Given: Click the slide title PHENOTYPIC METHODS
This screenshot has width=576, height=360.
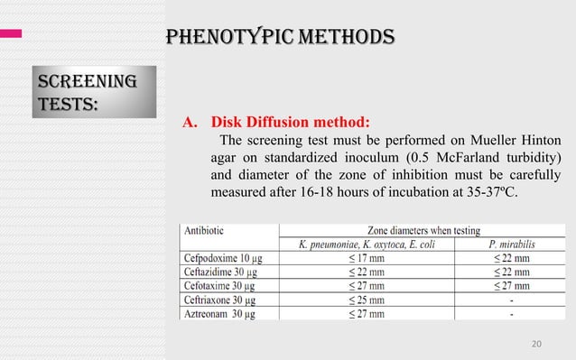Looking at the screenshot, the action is [277, 36].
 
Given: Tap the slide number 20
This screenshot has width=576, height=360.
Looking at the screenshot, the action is [537, 343].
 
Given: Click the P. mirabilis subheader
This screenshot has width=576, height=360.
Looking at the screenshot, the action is [510, 245].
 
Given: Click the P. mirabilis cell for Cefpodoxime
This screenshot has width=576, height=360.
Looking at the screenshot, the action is [510, 258].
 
